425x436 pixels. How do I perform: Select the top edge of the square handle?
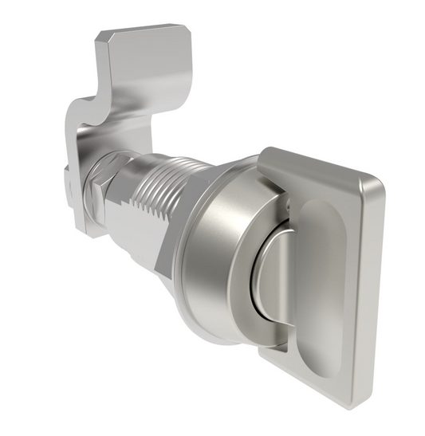click(319, 163)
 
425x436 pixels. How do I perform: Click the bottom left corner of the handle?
click(267, 359)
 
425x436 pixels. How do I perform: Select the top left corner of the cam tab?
click(102, 37)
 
